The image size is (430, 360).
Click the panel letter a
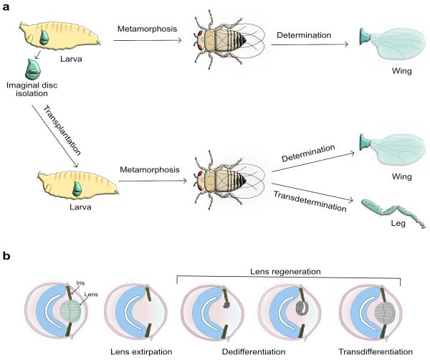[7, 7]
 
